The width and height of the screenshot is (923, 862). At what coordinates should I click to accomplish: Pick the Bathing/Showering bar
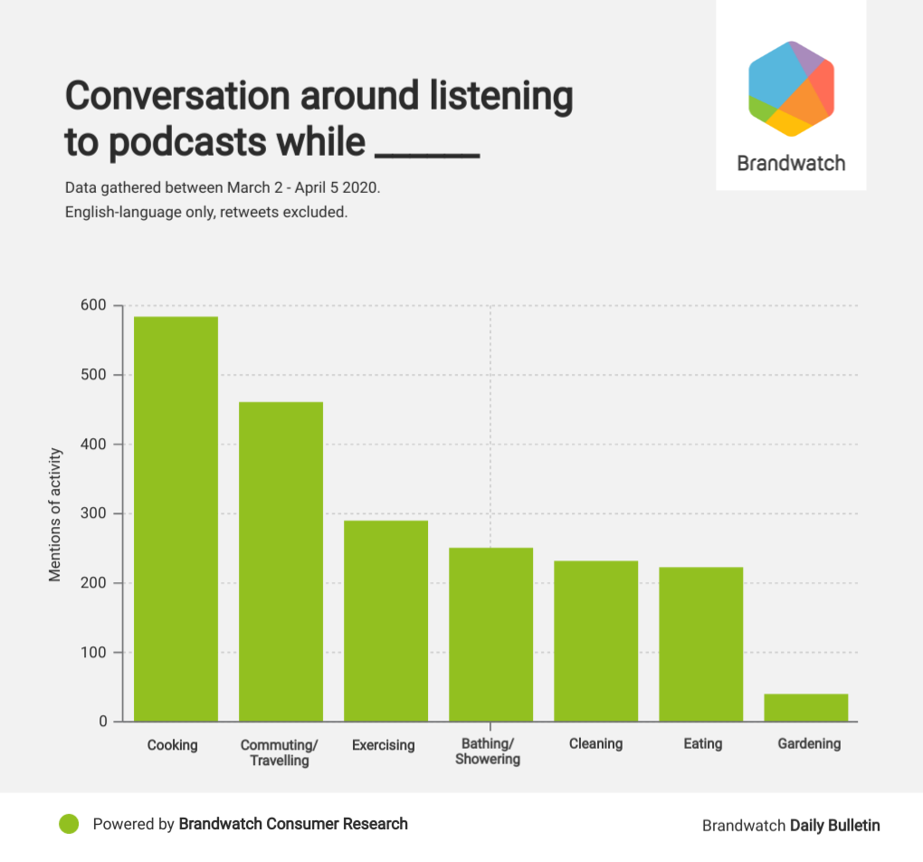click(490, 635)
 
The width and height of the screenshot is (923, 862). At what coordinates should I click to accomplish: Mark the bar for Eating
click(700, 644)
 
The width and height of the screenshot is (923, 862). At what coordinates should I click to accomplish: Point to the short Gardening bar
click(805, 707)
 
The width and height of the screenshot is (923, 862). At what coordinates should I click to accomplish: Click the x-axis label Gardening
click(809, 743)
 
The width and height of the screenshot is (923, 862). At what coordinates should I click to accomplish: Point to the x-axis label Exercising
click(383, 745)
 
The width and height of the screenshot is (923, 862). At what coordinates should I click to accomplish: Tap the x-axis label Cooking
click(172, 745)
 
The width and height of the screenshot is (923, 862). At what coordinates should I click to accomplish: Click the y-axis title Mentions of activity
click(56, 513)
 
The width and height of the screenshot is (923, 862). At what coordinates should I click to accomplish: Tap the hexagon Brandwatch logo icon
click(791, 89)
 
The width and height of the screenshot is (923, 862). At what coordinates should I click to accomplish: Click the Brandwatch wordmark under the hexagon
click(791, 163)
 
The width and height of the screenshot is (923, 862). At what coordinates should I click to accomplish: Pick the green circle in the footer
click(70, 824)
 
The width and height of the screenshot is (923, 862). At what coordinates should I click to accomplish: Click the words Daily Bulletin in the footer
click(834, 825)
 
